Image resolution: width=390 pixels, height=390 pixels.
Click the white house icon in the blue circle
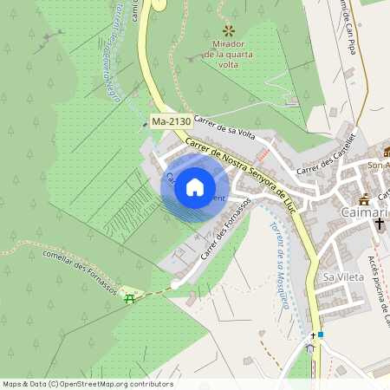click(x=195, y=187)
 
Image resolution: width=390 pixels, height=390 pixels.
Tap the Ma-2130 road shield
click(x=170, y=123)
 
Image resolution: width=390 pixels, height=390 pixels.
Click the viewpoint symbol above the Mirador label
click(x=228, y=30)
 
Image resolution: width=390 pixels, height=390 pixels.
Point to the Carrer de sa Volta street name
click(x=224, y=127)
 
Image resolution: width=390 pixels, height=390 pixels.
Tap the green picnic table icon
click(x=130, y=299)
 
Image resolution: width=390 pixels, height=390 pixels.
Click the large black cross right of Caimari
click(x=379, y=224)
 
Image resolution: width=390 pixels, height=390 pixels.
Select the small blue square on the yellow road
click(x=321, y=335)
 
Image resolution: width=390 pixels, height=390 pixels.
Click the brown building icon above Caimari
click(x=364, y=198)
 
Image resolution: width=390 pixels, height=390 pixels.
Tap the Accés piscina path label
click(x=378, y=282)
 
